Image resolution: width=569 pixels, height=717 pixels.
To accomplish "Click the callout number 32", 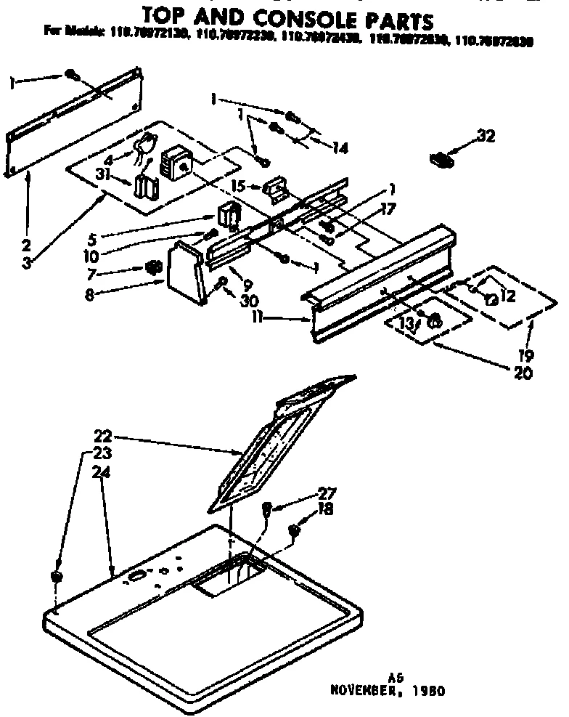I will tap(485, 134).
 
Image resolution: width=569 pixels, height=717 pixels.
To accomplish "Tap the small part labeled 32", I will tap(441, 158).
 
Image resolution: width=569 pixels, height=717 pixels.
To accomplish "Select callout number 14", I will tap(338, 147).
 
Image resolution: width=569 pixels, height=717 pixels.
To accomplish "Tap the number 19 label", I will tap(527, 356).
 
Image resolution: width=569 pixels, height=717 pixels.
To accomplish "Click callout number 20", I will tap(522, 374).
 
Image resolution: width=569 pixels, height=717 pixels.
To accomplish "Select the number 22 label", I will tap(102, 437).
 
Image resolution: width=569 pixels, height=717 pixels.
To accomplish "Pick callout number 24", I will tap(102, 471).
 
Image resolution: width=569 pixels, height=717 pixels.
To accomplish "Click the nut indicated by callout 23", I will tap(56, 576).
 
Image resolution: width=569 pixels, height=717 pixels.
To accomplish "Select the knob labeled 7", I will tap(152, 270).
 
